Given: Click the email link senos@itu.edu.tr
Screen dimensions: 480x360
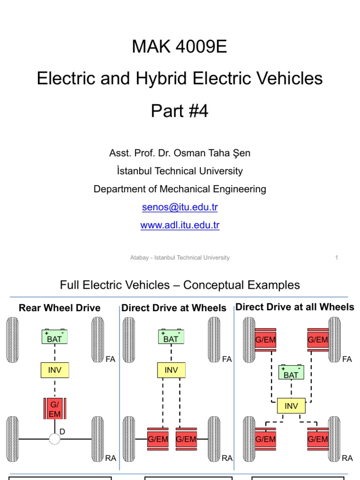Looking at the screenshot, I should pos(180,207).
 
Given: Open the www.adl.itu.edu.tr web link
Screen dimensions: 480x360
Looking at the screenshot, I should pos(180,225).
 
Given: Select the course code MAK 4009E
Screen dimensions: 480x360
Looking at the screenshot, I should pos(180,47).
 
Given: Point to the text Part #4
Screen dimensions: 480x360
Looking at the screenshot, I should pos(180,111).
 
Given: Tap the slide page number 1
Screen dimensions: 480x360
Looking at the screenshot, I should pos(337,257).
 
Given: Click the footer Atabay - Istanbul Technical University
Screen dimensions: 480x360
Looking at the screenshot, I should pos(180,257).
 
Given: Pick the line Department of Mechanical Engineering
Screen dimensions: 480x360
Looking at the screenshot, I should pos(180,189).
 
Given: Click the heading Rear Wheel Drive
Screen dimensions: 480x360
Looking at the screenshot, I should pos(60,308).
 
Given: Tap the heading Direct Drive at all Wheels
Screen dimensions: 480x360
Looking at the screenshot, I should pos(295,307).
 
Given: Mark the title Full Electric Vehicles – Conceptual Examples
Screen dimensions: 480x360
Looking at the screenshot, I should pos(180,285).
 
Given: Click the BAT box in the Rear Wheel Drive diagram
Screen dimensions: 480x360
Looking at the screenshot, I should pos(55,337).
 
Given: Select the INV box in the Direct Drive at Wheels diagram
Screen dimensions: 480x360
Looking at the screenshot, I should pos(171,370).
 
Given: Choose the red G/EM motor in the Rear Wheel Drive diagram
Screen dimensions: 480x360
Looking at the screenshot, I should pos(55,408).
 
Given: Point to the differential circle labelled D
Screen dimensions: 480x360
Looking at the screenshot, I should pos(55,439).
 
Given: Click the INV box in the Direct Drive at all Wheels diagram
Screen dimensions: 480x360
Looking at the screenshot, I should pos(291,406).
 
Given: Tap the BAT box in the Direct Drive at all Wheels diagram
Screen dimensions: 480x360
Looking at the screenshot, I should pos(291,373).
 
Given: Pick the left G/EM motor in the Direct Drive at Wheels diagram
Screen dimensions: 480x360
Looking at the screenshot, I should pos(157,439).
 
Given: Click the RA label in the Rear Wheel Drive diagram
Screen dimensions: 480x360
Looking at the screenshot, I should pos(111,458).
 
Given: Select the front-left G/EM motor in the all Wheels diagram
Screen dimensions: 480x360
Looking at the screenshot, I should pos(265,339).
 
